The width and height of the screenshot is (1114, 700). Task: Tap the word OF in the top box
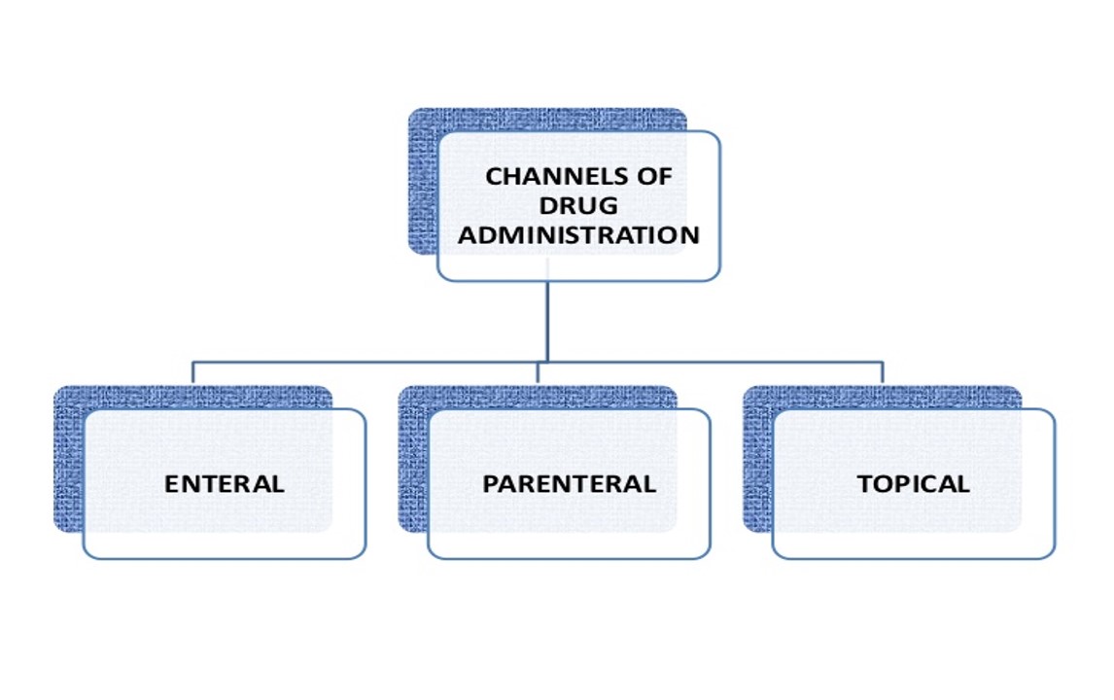pos(656,177)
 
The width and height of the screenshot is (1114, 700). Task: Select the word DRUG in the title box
pos(580,206)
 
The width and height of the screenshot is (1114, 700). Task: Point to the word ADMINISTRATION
pos(579,235)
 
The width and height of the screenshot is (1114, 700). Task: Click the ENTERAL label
pos(225,484)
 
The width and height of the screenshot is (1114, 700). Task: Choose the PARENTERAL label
pos(570,484)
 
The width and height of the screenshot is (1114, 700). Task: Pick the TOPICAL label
pos(914,484)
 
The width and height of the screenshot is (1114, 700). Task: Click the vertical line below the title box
pos(547,321)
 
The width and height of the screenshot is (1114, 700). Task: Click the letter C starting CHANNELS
pos(493,177)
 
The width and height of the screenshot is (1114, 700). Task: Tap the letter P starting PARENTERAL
pos(491,484)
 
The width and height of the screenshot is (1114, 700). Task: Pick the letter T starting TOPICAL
pos(865,484)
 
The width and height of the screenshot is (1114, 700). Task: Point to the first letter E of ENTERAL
pos(172,484)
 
